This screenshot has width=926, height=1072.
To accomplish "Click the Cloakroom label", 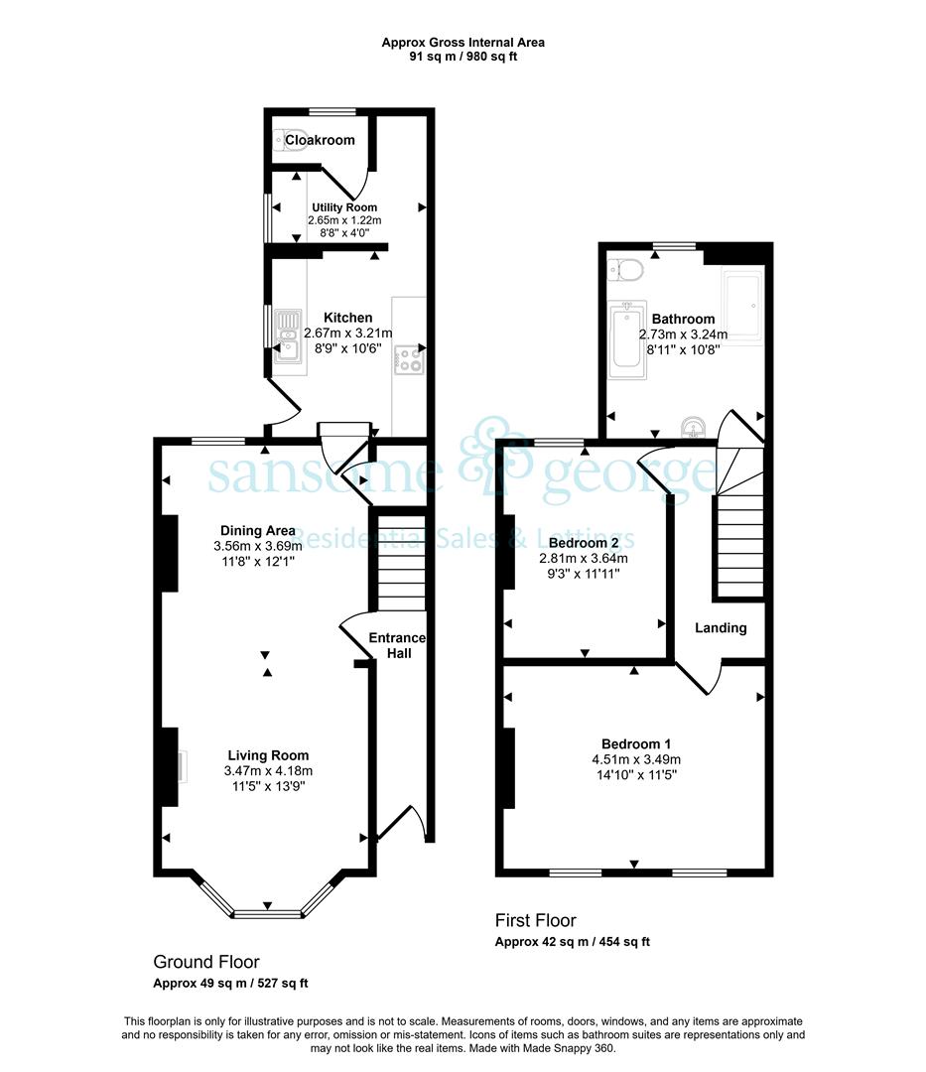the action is (320, 140).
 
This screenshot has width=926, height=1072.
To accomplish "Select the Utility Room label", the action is (344, 207).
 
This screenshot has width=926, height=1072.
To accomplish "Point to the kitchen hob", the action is (409, 360).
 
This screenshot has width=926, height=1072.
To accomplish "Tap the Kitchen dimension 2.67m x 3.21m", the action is (347, 334).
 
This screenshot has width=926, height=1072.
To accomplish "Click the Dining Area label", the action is (258, 530).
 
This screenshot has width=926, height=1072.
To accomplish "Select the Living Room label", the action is (268, 755).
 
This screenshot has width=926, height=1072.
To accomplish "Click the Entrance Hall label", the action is (398, 645).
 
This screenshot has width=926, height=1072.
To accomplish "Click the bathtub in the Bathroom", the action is (627, 339).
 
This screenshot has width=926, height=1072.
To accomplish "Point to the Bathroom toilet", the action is (625, 269).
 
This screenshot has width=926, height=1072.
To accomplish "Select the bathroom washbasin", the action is (694, 427).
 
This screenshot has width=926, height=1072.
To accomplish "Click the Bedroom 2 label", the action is (584, 543).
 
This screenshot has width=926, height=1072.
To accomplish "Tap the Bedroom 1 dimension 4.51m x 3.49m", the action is (636, 759).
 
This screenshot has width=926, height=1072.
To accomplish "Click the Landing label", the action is (721, 627).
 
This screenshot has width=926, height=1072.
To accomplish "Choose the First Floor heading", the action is (536, 920).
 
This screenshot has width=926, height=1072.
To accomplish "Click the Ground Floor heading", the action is (206, 962).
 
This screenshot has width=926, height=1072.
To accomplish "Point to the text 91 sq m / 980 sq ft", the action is (463, 57).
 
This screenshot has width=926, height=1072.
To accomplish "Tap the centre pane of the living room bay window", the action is (267, 913).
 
